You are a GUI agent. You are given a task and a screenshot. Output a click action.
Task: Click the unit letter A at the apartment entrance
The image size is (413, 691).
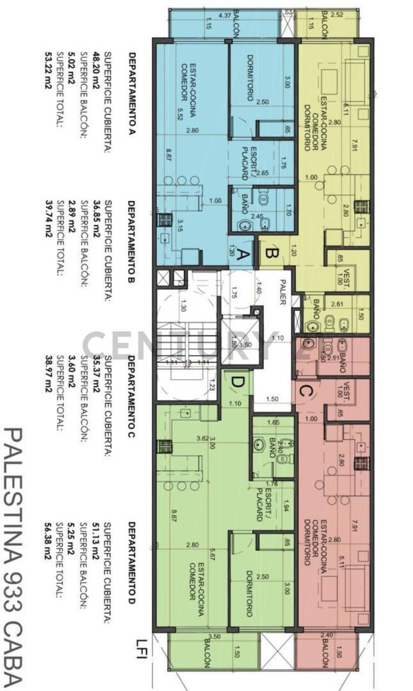coord(243,255)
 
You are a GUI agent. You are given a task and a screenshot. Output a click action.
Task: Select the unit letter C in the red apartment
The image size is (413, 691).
coord(305,388)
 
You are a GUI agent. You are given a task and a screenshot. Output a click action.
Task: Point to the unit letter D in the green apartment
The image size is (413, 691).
coord(237,383)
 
